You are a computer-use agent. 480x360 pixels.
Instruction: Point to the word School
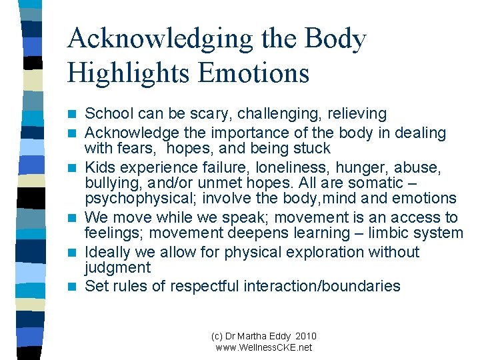pos(109,115)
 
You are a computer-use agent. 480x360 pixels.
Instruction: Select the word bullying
pos(113,183)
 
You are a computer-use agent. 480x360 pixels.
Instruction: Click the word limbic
pos(399,233)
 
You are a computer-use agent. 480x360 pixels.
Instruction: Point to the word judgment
pos(118,268)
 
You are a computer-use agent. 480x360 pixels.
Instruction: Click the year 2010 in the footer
pos(305,336)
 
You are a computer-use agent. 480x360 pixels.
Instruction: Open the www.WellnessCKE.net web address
pos(264,347)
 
